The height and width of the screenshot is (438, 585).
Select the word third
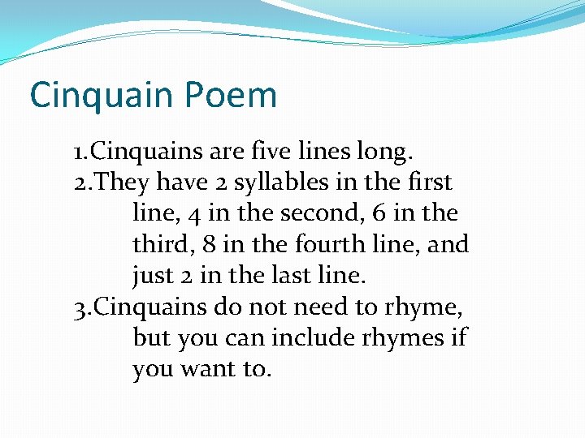coord(158,244)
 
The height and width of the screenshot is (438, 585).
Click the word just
coord(152,276)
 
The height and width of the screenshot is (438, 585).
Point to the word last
coord(287,276)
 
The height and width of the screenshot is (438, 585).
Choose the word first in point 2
coord(430,182)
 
